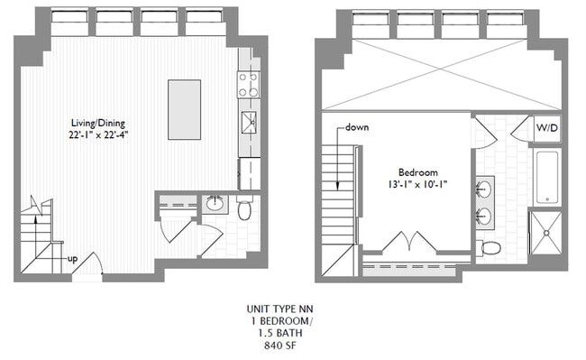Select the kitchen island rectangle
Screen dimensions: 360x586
[184, 108]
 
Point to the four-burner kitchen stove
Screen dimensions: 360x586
[248, 85]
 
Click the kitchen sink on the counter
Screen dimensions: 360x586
[248, 122]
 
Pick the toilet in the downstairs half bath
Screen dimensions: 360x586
[244, 208]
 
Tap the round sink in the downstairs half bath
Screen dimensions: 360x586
[216, 204]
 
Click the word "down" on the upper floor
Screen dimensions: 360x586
[357, 127]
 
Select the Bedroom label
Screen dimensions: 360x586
[417, 172]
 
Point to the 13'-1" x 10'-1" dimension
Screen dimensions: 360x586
[417, 185]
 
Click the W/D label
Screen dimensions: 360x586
[546, 128]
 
